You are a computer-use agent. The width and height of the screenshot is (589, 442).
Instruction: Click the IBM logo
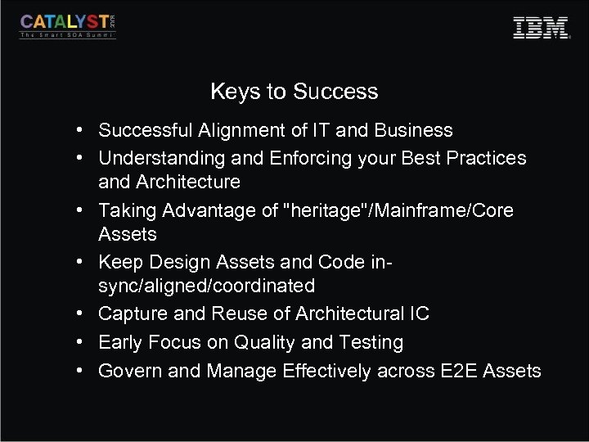coord(541,27)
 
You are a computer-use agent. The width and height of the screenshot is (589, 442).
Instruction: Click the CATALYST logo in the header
coord(69,25)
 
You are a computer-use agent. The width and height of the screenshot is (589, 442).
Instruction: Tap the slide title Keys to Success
coord(294,92)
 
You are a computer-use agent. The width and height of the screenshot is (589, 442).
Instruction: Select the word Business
coord(411,131)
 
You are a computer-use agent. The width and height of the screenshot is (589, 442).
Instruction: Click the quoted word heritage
coord(323,210)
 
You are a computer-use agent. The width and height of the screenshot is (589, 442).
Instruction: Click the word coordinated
coord(269,286)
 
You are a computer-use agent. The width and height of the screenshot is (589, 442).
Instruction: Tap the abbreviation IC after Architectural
coord(418,314)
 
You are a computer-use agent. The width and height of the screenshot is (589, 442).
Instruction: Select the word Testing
coord(371,343)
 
